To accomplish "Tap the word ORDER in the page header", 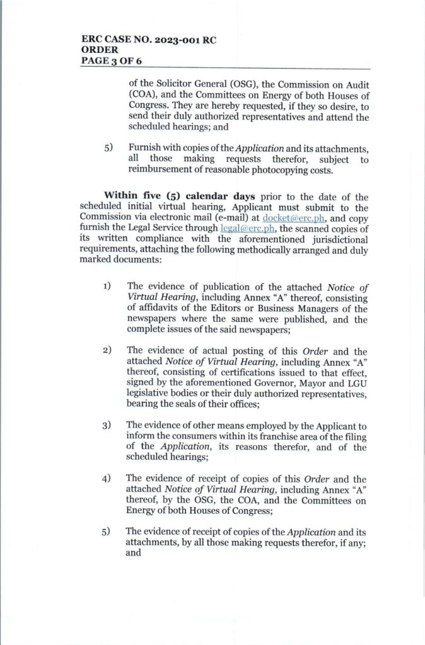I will pyautogui.click(x=100, y=50).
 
